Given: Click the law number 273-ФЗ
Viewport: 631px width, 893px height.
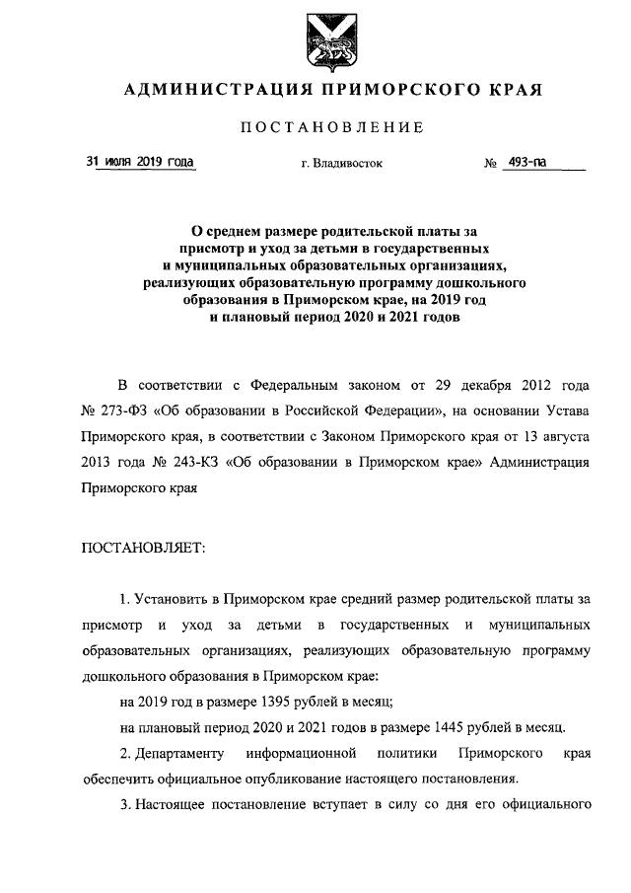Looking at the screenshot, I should point(119,409).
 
